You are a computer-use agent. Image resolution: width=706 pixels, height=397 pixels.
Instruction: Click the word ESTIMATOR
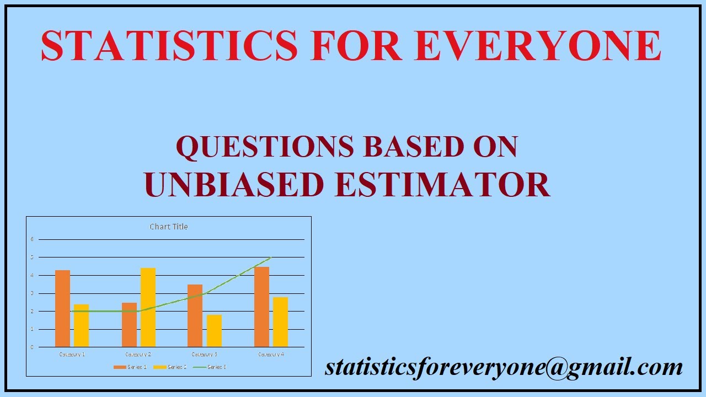(x=442, y=184)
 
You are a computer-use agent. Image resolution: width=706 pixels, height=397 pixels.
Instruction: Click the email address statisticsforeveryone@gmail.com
(x=504, y=367)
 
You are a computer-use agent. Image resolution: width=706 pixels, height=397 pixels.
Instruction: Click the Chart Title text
(x=169, y=227)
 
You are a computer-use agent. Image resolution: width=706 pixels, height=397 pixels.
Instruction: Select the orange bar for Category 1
(x=62, y=308)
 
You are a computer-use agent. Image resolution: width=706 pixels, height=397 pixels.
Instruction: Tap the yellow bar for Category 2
(x=148, y=307)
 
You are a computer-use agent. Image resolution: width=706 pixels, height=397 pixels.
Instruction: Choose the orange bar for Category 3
(x=195, y=315)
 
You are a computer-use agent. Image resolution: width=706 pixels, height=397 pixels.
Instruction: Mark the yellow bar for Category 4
(x=281, y=322)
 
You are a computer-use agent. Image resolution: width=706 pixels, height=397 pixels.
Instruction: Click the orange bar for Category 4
(x=262, y=307)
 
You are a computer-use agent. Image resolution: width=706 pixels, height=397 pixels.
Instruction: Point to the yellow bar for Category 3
(x=214, y=331)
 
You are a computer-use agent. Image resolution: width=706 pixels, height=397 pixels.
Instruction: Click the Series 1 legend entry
(x=130, y=367)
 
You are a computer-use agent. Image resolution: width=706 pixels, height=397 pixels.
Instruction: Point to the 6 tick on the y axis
(x=32, y=239)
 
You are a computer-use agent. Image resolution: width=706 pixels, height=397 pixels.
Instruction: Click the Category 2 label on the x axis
(x=138, y=354)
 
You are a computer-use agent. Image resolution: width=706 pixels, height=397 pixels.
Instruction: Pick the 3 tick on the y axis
(x=32, y=293)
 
